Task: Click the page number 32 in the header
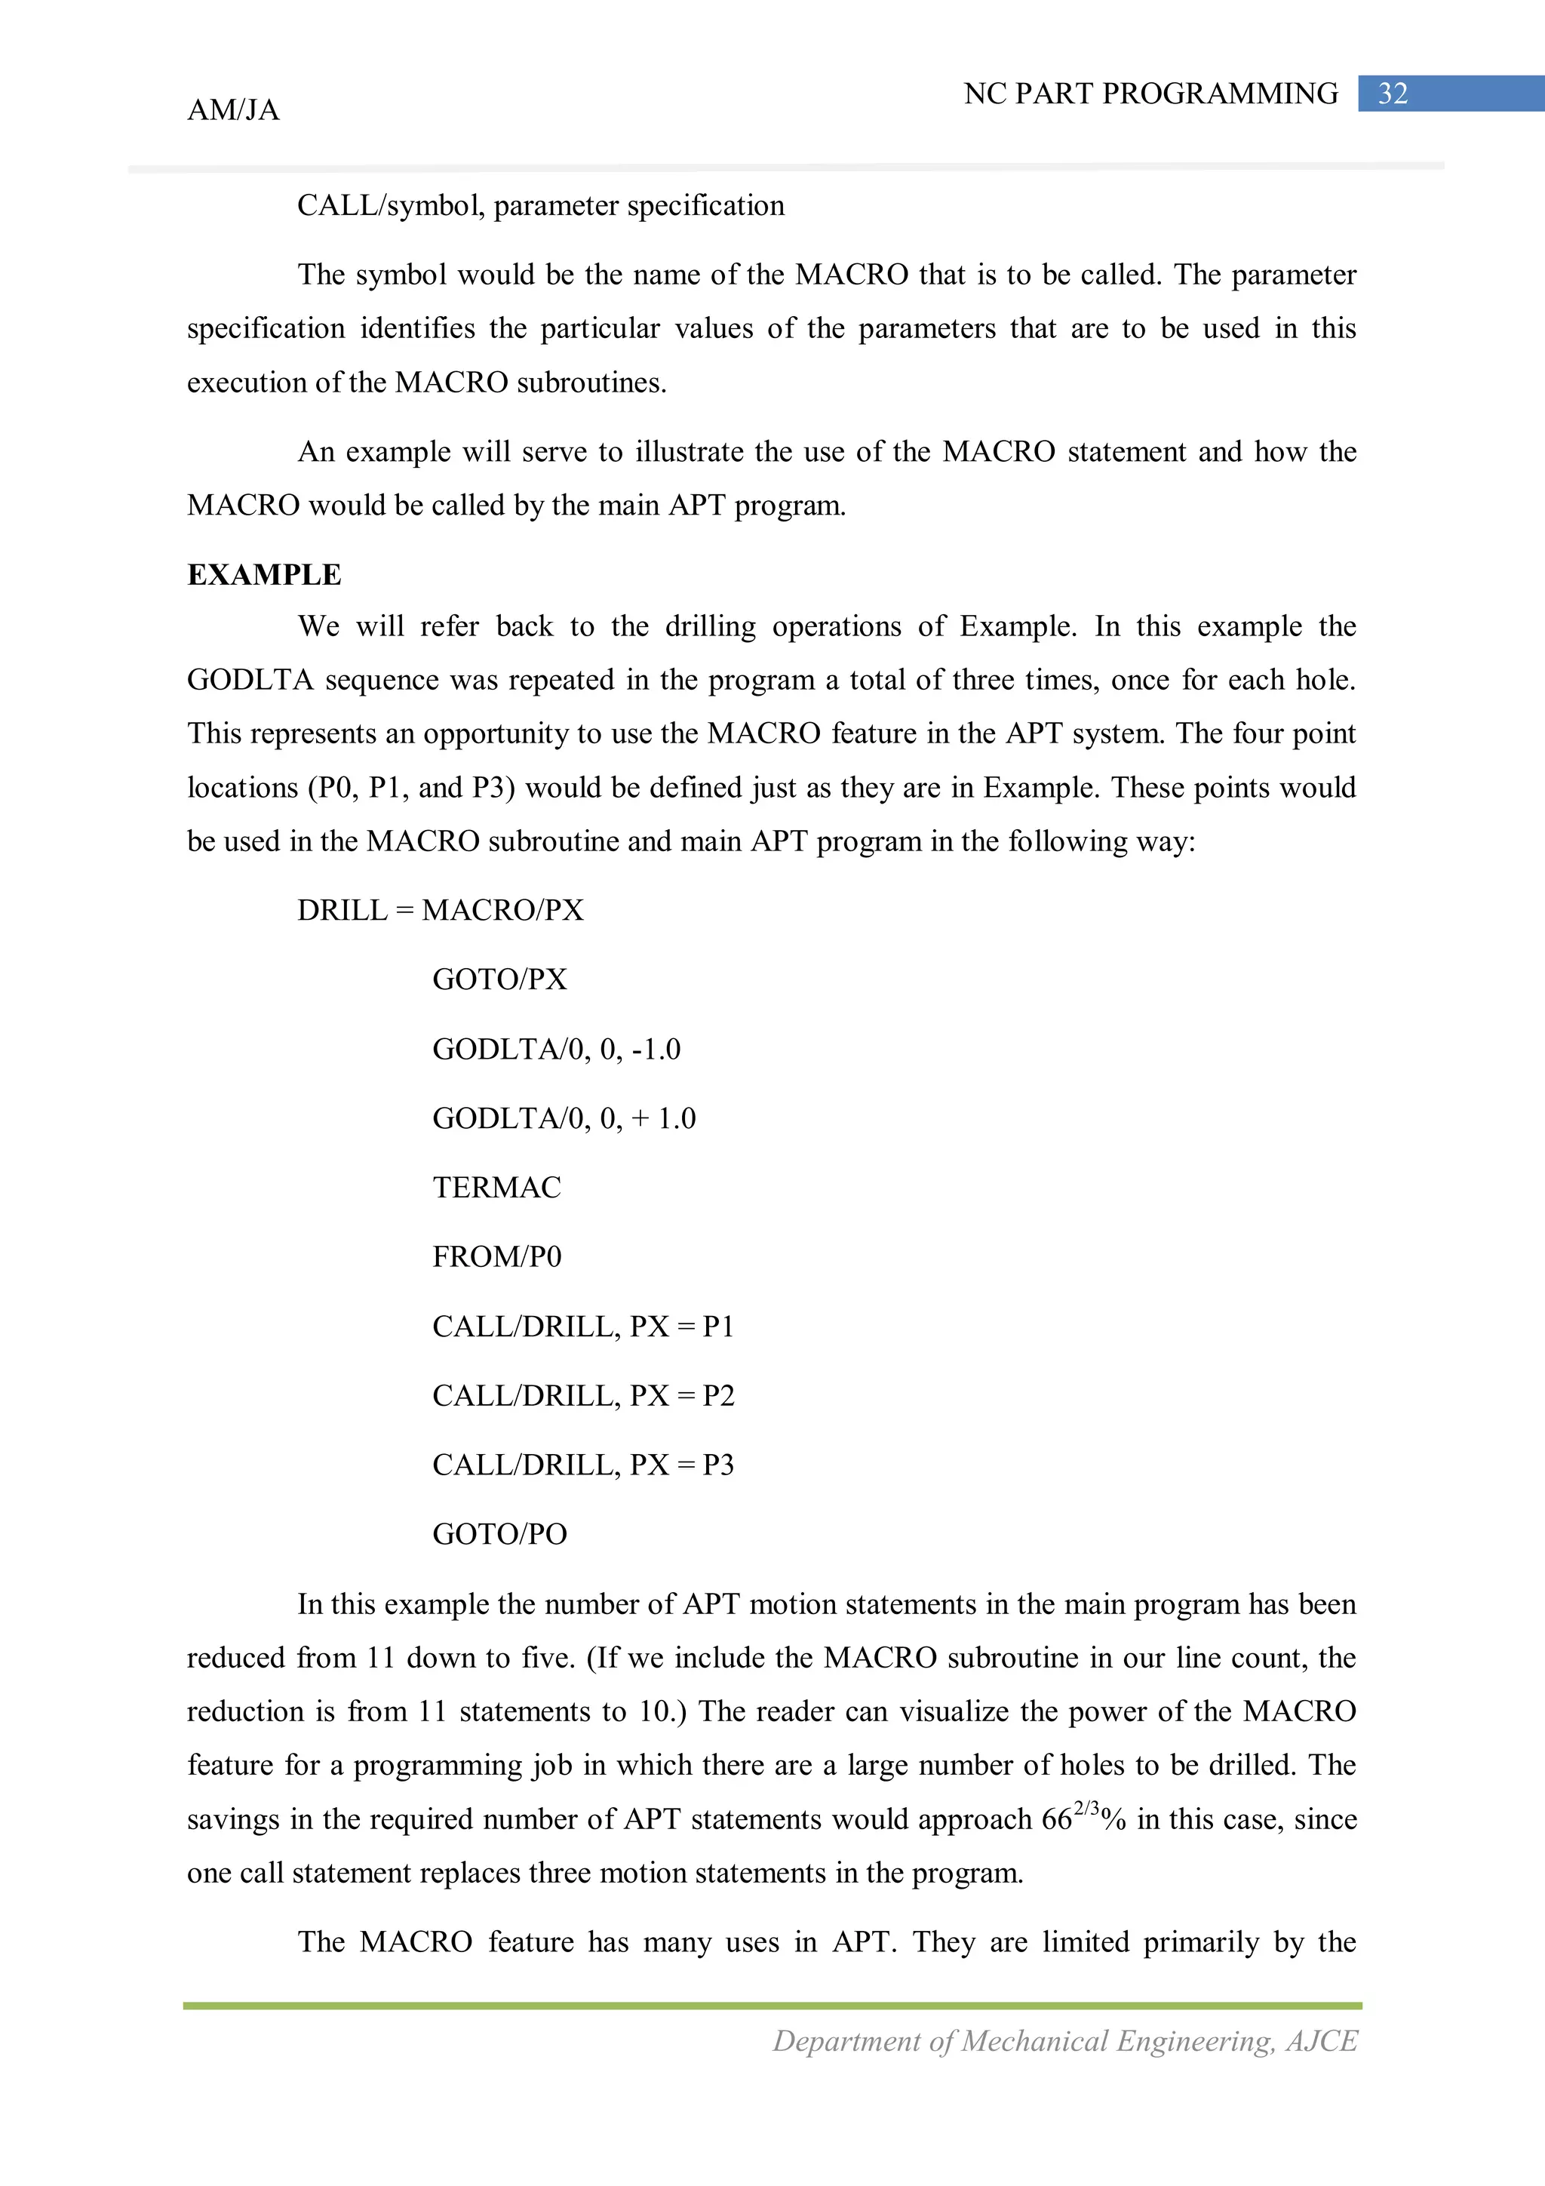click(1393, 94)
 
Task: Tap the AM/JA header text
click(233, 110)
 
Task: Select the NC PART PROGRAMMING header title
click(1150, 94)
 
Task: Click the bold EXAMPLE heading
click(264, 575)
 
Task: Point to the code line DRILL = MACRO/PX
click(440, 910)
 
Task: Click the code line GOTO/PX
click(499, 979)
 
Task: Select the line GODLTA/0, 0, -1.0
click(556, 1049)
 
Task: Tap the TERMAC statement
click(496, 1187)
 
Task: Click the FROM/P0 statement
click(496, 1257)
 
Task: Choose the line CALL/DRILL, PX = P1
click(582, 1327)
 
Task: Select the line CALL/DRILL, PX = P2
click(582, 1396)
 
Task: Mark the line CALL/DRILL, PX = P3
click(582, 1465)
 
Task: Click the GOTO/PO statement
click(499, 1534)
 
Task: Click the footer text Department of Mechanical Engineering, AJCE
click(1064, 2040)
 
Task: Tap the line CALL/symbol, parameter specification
click(541, 206)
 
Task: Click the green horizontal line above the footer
click(772, 2006)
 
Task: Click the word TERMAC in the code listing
click(496, 1187)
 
